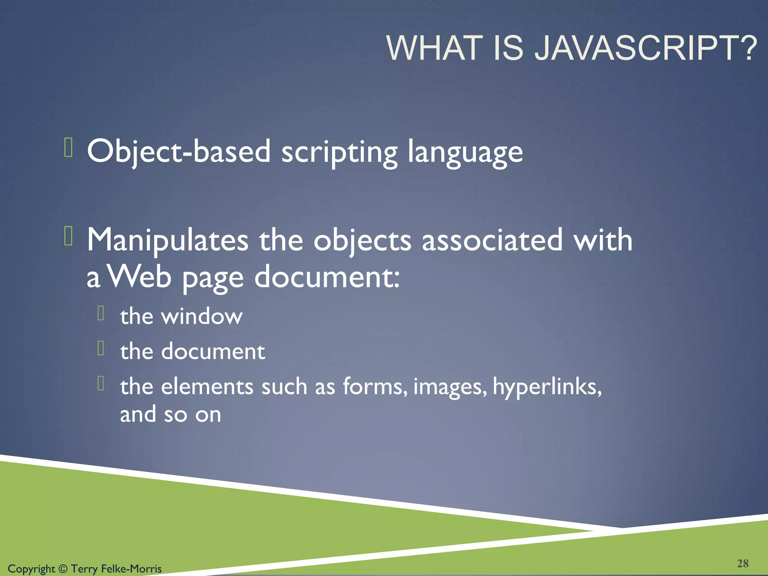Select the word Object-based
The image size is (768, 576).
[x=178, y=151]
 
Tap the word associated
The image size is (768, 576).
[x=492, y=240]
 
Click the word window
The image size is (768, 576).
[x=202, y=316]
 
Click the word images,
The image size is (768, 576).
[x=450, y=387]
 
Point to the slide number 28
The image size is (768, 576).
[x=742, y=563]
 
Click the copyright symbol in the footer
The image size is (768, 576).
[x=63, y=569]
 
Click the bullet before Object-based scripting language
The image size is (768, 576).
[x=68, y=147]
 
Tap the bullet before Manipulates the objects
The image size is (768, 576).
[x=68, y=236]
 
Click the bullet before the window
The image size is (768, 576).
[x=100, y=313]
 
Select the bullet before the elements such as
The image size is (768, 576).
[x=100, y=383]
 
